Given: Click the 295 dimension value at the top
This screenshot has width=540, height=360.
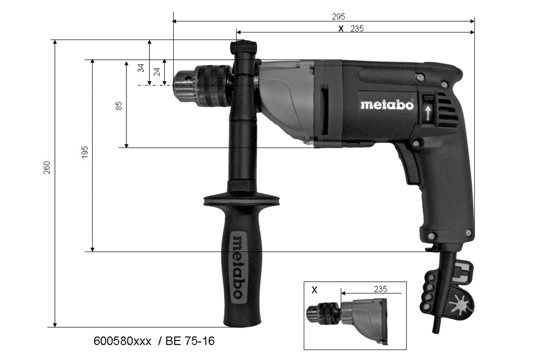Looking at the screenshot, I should point(338,17).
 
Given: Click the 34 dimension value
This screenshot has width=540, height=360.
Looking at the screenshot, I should point(141,68).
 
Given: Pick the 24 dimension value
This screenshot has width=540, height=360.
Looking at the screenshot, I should point(157,71).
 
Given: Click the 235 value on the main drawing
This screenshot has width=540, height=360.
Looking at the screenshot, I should point(356,28).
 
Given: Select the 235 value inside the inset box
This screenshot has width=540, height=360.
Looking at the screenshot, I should point(380,288).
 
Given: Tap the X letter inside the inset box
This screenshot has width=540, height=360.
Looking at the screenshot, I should point(315,290).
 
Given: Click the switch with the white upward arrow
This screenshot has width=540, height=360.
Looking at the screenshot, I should point(427,108).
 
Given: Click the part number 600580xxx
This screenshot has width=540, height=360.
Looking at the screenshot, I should point(122,341).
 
